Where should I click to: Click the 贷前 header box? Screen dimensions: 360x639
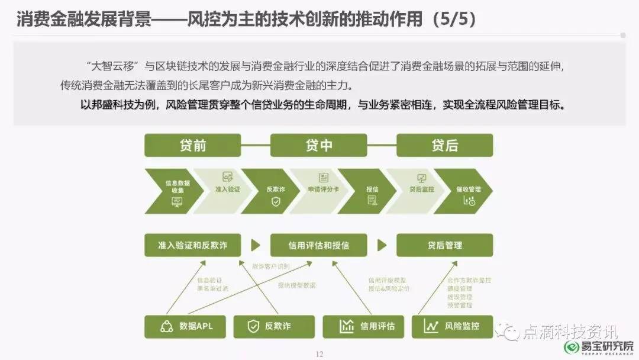click(x=192, y=146)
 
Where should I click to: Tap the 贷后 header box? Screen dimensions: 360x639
click(x=444, y=146)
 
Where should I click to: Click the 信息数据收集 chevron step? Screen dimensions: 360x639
click(x=175, y=190)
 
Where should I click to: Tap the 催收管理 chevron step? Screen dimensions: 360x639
click(x=467, y=190)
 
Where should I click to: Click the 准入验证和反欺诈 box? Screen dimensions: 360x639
click(x=192, y=245)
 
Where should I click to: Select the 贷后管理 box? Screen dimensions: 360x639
click(x=444, y=245)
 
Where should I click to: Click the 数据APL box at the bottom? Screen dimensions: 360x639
click(x=186, y=326)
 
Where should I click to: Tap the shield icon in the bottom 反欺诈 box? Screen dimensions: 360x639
click(x=253, y=326)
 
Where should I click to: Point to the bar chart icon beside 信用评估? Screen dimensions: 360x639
click(x=346, y=326)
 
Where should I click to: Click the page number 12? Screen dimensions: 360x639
click(x=319, y=354)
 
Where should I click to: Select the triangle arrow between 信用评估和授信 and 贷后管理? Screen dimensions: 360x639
click(x=382, y=245)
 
